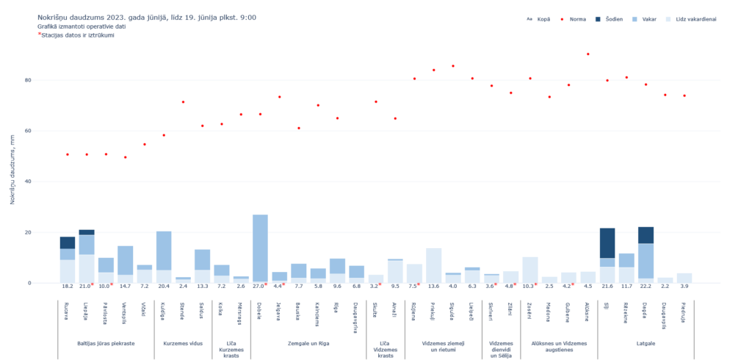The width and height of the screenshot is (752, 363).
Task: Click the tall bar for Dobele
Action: (x=260, y=248)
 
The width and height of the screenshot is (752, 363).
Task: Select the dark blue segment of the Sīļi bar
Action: (x=607, y=242)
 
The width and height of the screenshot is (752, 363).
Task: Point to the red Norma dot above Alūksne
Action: (x=588, y=54)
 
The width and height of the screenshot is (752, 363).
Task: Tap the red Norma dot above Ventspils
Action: (x=126, y=157)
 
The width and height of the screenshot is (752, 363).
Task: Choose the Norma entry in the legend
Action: (x=573, y=19)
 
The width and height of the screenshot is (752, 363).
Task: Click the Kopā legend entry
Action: (x=539, y=19)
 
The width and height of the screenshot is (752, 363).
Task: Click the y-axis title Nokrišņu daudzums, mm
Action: (x=12, y=167)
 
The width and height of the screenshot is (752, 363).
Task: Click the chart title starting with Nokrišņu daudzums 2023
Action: (x=147, y=17)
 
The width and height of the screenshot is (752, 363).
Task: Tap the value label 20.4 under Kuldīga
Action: (x=164, y=287)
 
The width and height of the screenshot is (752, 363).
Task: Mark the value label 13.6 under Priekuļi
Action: (x=434, y=287)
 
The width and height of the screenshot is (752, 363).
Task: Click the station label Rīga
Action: (x=337, y=309)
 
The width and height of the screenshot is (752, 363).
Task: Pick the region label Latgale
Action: (x=646, y=343)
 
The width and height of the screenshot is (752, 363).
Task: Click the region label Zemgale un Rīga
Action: (x=308, y=343)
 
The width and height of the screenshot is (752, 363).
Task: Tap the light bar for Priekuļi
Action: (x=434, y=265)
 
